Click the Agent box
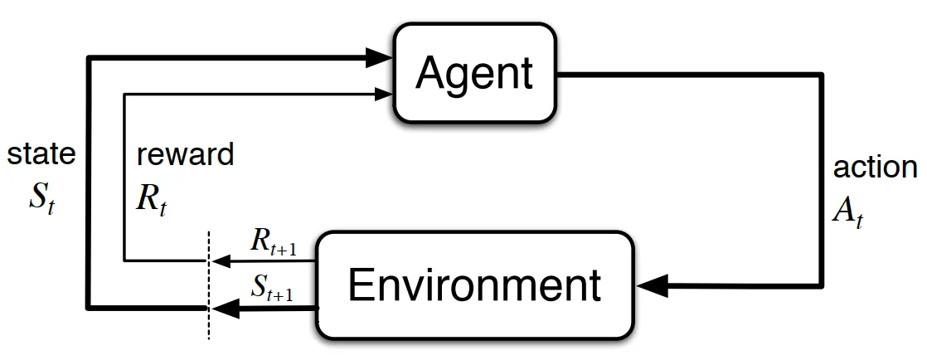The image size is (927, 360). point(474,73)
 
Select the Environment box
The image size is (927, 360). point(474,285)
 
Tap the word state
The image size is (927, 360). point(41,153)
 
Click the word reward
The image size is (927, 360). point(185,153)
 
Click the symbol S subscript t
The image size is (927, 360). point(41,202)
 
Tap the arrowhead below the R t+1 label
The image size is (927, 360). point(219,260)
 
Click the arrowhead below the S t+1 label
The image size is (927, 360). point(222,309)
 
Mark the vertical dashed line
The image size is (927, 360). point(207,282)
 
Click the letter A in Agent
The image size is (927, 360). point(433,74)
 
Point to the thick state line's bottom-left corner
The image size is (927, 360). point(89,308)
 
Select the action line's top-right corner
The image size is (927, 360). point(823,75)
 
